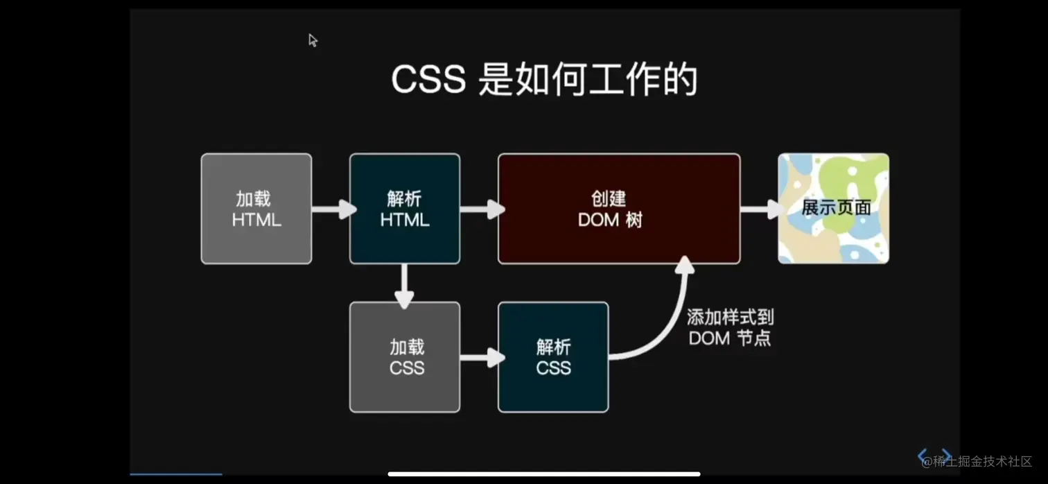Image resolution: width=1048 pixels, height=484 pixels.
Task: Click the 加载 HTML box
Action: [x=256, y=209]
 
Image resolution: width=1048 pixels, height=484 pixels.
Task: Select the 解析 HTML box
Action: [x=405, y=209]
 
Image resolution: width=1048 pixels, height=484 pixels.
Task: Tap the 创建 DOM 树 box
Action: [x=619, y=209]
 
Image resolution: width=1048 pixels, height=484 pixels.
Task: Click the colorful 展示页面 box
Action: [x=834, y=209]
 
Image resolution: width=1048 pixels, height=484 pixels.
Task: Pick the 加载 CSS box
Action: [x=405, y=357]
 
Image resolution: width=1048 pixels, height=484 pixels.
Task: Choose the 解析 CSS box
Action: [x=553, y=357]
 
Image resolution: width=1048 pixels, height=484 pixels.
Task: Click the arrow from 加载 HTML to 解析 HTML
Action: [x=333, y=209]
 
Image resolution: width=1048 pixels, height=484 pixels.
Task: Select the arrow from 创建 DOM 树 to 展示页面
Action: [x=760, y=209]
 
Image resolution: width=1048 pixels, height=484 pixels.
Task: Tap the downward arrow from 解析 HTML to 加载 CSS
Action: [x=404, y=284]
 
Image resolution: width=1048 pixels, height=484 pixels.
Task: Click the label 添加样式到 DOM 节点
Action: [x=730, y=328]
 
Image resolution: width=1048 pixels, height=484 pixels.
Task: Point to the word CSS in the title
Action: [x=428, y=80]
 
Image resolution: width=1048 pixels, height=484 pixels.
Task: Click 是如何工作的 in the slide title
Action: [x=588, y=80]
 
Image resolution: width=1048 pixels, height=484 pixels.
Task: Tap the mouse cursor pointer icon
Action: [x=313, y=40]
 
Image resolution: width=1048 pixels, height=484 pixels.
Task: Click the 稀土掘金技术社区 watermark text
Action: [x=981, y=461]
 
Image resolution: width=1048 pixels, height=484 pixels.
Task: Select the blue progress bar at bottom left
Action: [x=176, y=474]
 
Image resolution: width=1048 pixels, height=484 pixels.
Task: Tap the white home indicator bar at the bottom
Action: [x=544, y=474]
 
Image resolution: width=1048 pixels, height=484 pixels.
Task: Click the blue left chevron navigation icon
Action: [x=923, y=456]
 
